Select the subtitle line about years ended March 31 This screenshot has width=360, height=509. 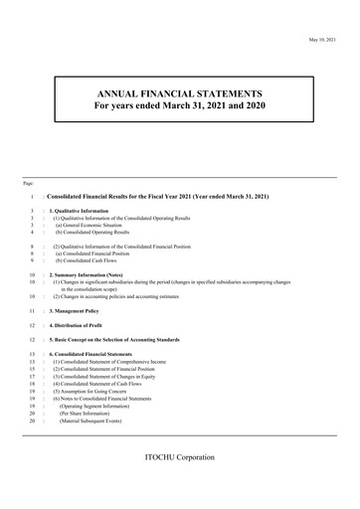pos(180,104)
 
